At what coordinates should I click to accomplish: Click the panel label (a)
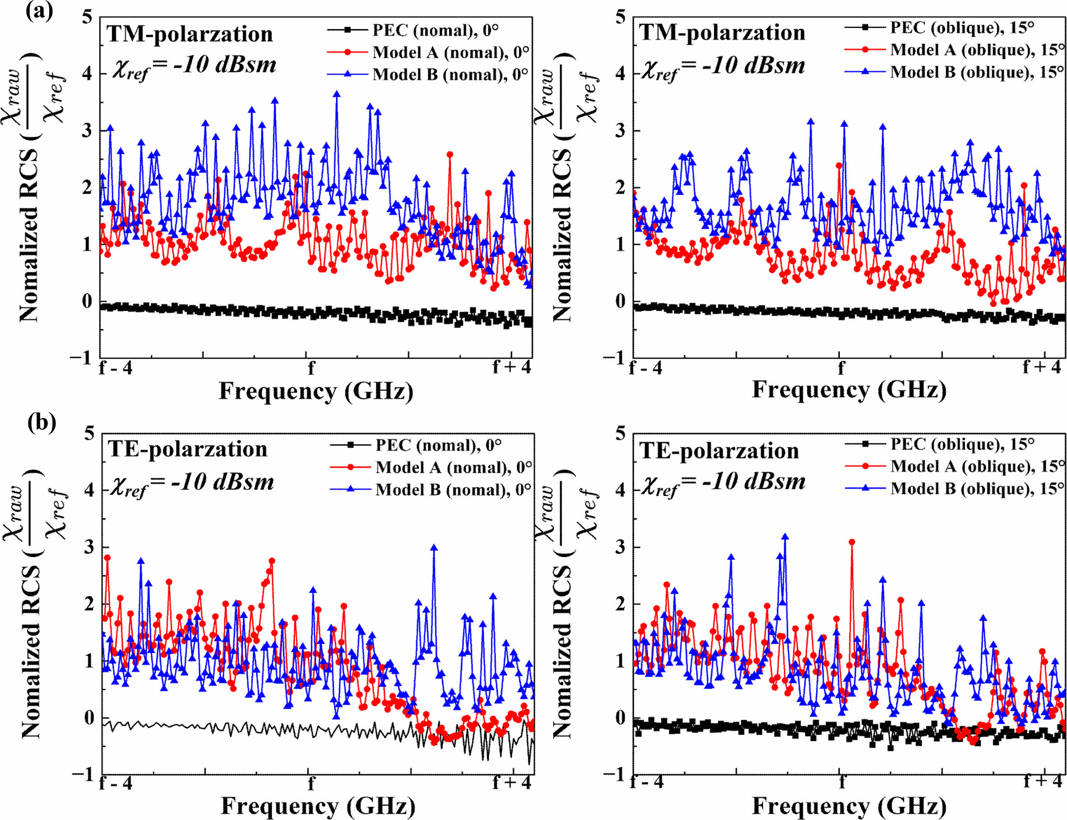pos(39,11)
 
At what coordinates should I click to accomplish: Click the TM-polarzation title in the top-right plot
pos(722,33)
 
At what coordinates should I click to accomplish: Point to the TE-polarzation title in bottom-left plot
pos(187,449)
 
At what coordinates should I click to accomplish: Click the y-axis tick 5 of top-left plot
pos(87,17)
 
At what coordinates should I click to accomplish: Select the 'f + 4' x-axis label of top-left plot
pos(511,367)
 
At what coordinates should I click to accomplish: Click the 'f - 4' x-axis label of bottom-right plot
pos(647,782)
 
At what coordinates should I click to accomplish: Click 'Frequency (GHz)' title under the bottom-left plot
pos(318,806)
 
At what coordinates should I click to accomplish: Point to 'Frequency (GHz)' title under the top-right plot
pos(849,390)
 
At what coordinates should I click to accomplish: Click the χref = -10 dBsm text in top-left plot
pos(194,66)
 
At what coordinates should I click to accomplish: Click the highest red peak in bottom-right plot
pos(852,542)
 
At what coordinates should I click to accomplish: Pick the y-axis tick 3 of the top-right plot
pos(620,131)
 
